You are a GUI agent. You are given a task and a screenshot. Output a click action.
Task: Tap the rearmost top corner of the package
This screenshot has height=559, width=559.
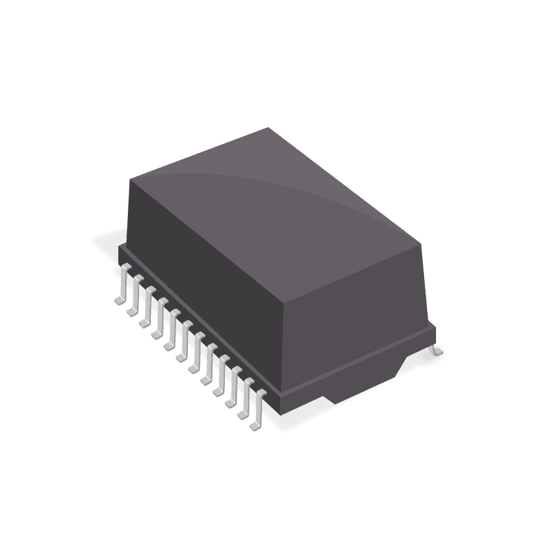click(269, 129)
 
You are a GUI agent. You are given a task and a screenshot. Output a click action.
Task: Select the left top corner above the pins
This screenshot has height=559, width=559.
click(130, 178)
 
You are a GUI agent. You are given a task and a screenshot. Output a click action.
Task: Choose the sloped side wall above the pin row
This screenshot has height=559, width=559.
click(203, 279)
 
